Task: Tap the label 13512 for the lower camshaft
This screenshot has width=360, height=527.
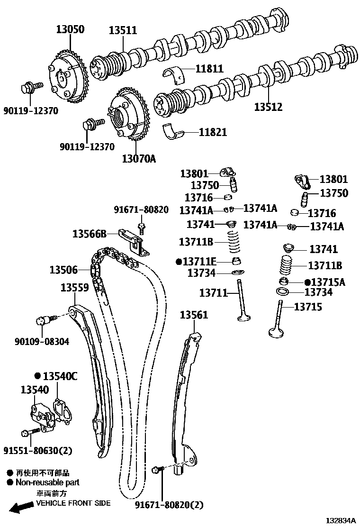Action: pyautogui.click(x=268, y=107)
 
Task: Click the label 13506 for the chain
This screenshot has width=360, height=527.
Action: pyautogui.click(x=63, y=270)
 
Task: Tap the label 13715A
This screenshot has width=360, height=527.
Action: pyautogui.click(x=328, y=282)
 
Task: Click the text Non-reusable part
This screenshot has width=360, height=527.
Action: pyautogui.click(x=47, y=482)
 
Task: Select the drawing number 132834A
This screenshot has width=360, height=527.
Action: pyautogui.click(x=340, y=520)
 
